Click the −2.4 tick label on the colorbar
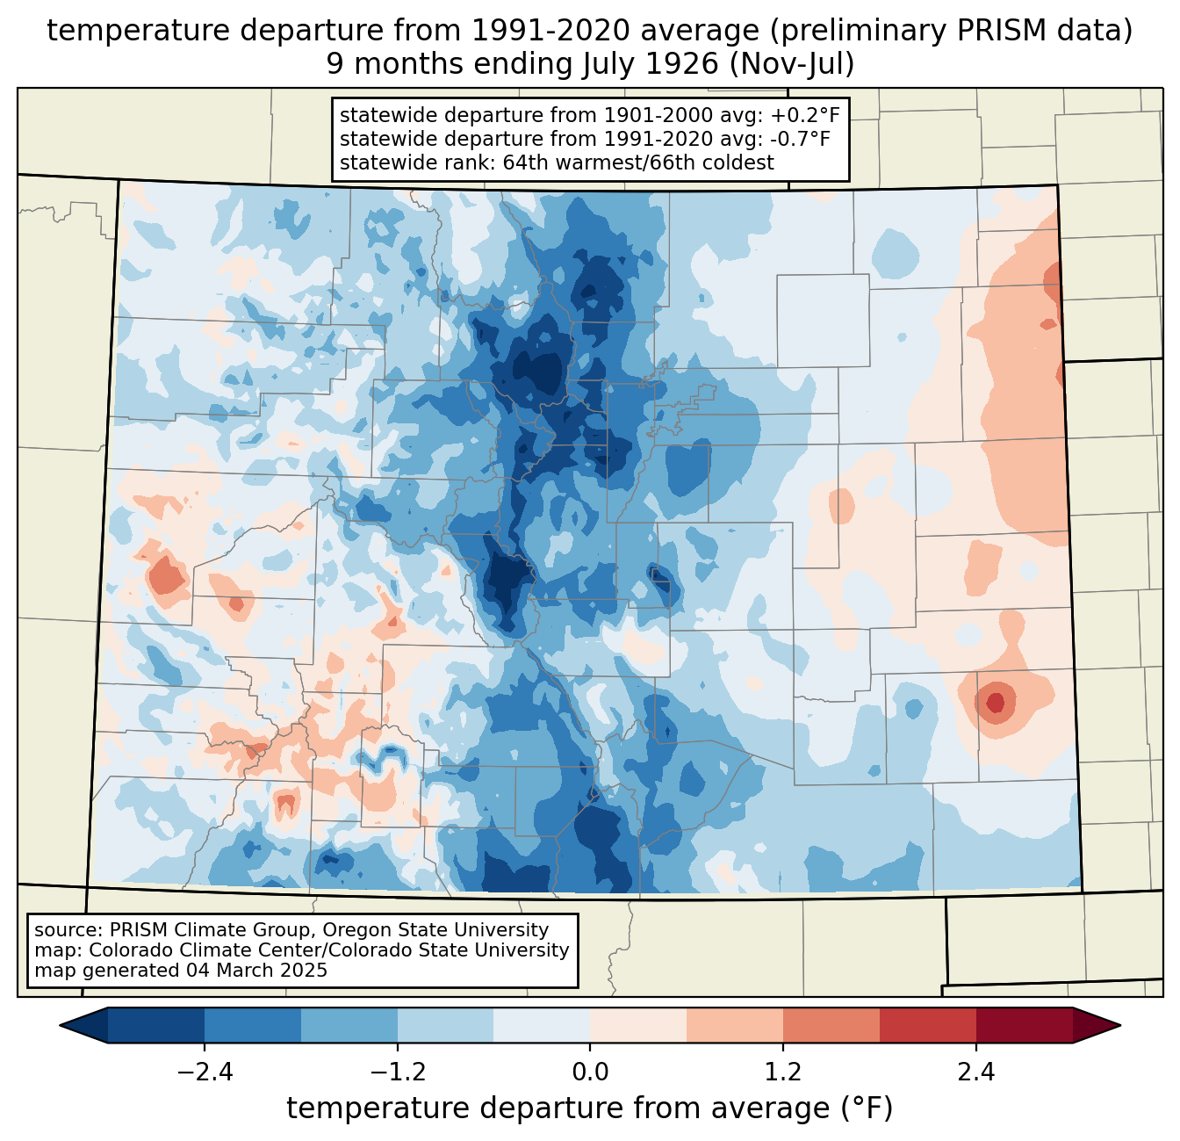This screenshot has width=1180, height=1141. [205, 1072]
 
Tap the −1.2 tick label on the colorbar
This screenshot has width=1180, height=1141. [398, 1072]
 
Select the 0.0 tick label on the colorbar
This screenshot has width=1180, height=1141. [590, 1072]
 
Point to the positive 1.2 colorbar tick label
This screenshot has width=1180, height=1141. [783, 1072]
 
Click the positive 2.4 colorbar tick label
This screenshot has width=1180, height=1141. [975, 1072]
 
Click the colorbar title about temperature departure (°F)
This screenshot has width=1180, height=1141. [590, 1109]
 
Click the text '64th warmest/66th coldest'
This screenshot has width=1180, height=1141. [638, 162]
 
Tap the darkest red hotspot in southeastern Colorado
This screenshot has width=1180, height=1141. [995, 702]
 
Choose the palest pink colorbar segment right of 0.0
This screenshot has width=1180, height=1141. [638, 1025]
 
